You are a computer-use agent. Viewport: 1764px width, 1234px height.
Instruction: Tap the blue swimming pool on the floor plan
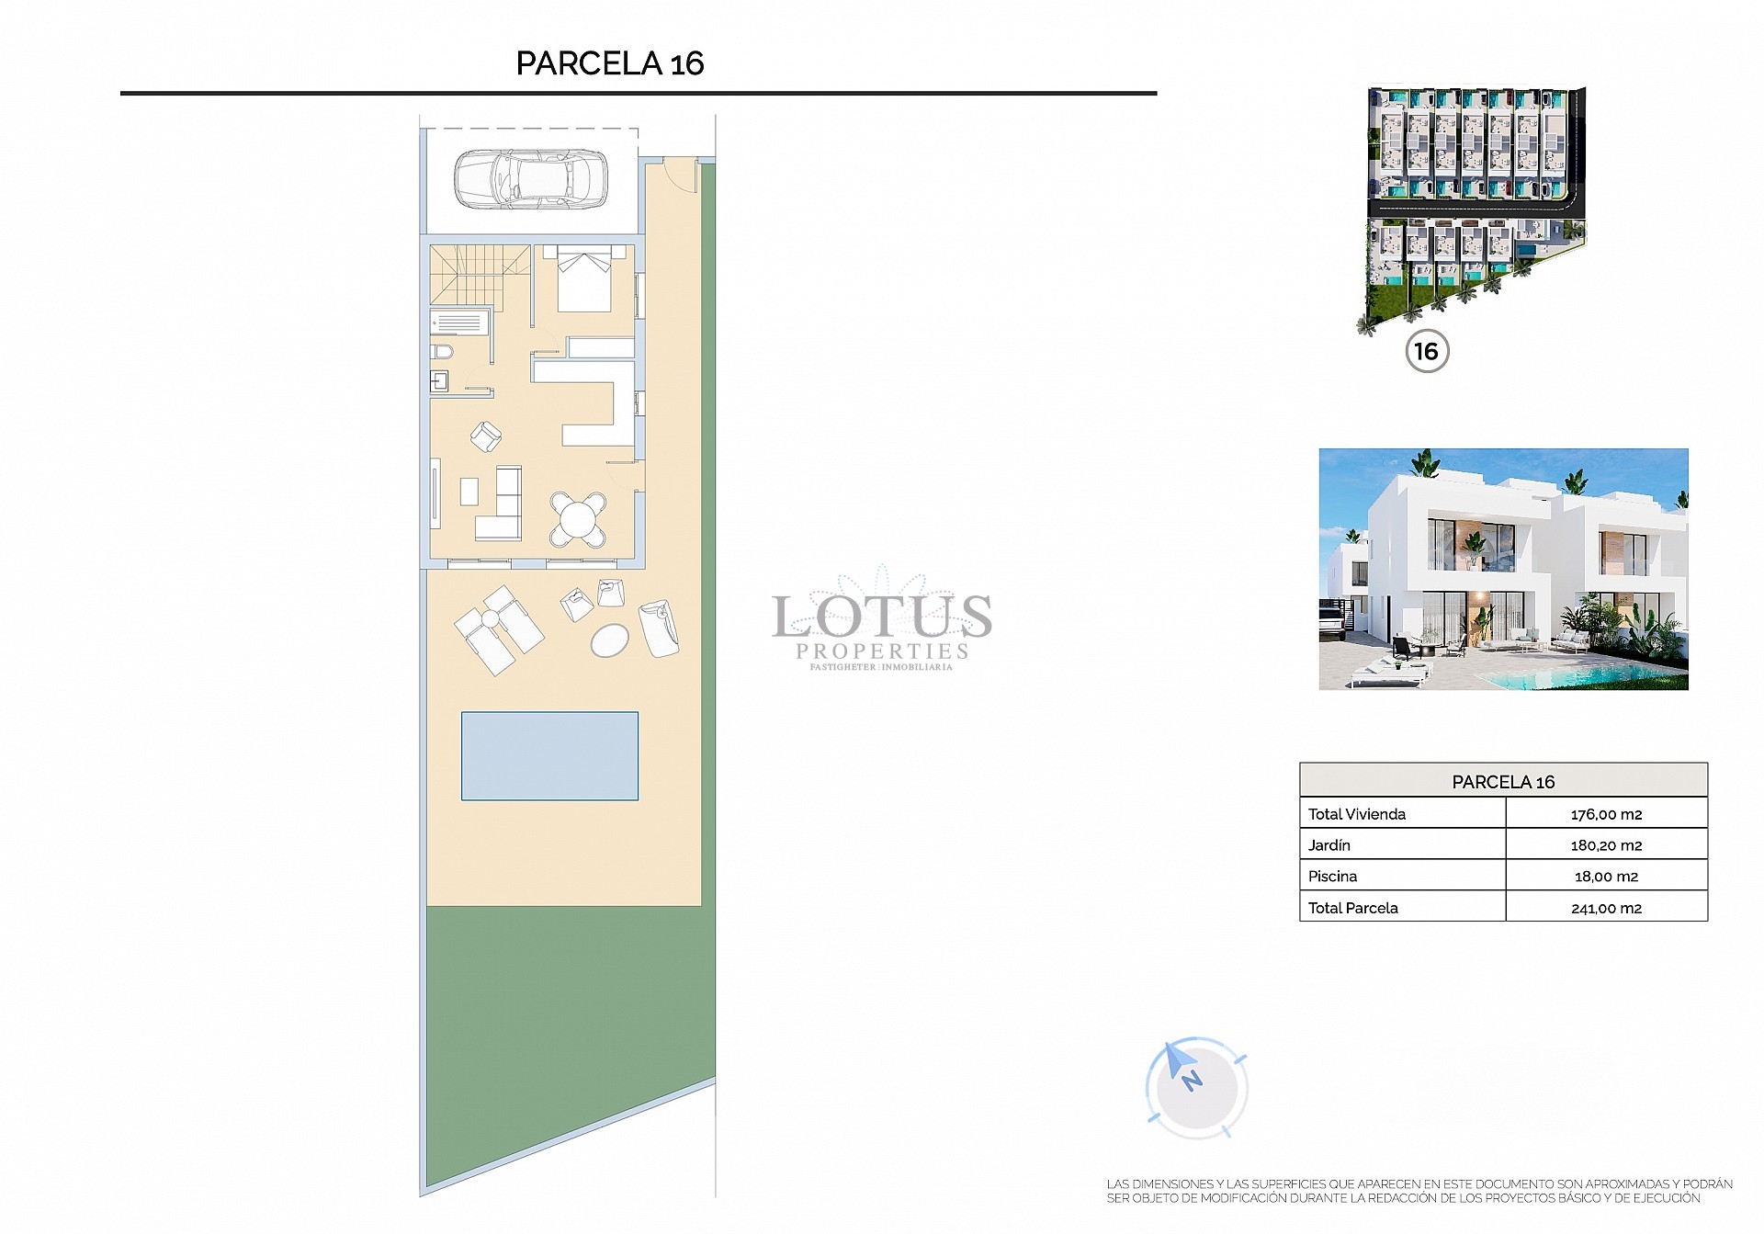549,756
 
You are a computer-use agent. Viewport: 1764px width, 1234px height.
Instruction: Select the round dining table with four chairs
578,520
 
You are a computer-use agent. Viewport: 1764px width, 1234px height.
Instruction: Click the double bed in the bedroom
584,278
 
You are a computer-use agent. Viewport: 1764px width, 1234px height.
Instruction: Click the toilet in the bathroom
442,352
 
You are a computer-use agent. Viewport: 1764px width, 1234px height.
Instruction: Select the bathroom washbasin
439,381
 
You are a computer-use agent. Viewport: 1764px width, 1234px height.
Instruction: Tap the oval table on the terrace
610,640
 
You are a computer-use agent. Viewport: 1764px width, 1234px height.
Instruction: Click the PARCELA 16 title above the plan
610,63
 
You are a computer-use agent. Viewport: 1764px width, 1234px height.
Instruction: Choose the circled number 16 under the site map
1427,351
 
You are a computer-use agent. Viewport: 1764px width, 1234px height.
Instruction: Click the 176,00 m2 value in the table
1606,814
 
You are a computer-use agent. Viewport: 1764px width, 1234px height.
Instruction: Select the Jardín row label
1329,845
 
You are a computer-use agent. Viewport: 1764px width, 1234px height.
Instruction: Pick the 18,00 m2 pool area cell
1606,877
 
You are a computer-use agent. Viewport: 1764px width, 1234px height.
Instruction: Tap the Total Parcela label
1353,908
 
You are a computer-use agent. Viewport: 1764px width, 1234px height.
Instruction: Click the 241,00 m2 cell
1606,908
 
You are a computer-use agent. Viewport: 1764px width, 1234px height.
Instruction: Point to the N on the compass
1192,1081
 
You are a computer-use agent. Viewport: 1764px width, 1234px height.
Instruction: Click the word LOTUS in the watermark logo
881,616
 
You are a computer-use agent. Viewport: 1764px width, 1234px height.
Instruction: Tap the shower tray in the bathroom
459,323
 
